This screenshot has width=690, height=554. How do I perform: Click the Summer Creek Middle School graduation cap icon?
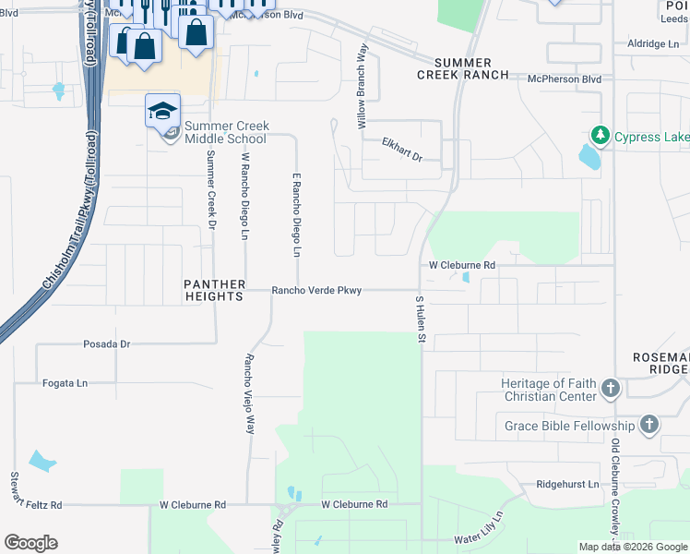[x=162, y=111]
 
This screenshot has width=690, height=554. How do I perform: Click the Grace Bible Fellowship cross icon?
[x=649, y=426]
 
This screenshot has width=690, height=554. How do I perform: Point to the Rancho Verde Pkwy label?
[x=316, y=291]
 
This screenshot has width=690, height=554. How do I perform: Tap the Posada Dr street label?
[x=107, y=344]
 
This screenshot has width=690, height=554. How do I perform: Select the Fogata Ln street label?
[x=65, y=382]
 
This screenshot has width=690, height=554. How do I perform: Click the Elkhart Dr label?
[x=402, y=150]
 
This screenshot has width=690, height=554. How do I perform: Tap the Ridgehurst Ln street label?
[x=567, y=485]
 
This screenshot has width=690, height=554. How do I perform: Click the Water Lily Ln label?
[x=478, y=531]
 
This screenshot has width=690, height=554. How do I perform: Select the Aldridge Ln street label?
[x=652, y=43]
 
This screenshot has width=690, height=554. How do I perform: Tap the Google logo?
[x=30, y=543]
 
